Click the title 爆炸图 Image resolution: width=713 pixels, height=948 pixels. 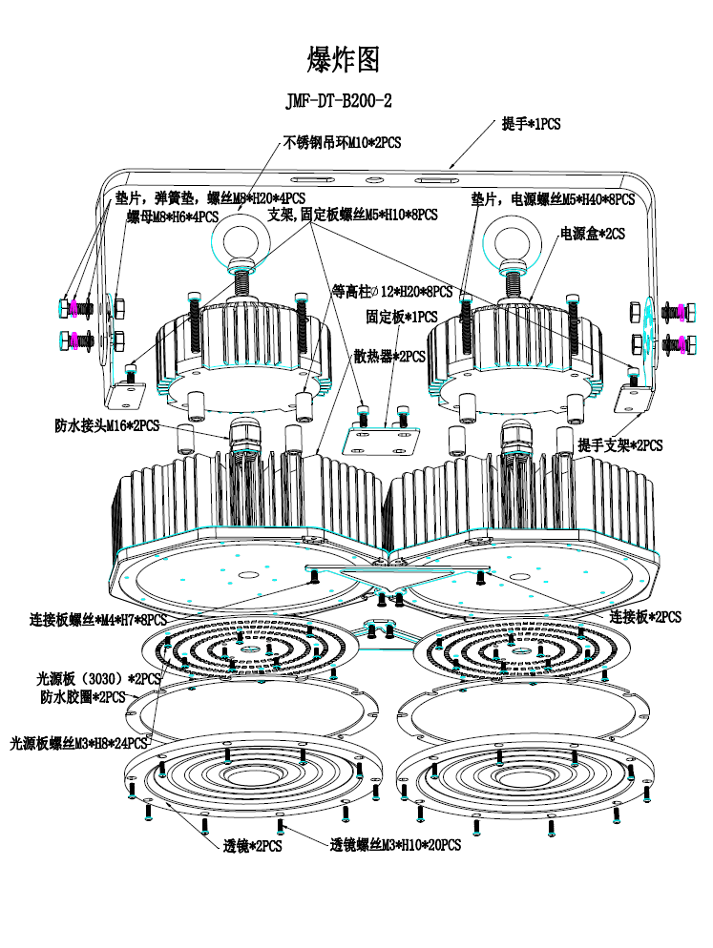[344, 60]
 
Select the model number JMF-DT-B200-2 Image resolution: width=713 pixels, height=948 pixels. [340, 101]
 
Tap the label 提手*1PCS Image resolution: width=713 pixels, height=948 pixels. [531, 125]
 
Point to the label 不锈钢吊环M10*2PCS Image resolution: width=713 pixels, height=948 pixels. [343, 143]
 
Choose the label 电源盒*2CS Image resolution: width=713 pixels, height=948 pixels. [591, 233]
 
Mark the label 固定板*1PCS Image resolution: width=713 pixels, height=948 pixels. [401, 316]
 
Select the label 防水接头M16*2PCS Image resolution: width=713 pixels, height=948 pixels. [107, 425]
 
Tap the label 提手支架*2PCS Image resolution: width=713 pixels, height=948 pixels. [619, 445]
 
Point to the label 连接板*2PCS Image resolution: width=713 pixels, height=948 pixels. [645, 617]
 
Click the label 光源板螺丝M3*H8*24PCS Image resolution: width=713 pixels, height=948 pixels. [78, 742]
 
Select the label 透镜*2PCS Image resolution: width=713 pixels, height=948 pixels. [252, 845]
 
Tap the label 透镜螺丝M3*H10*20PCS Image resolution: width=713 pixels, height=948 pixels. [395, 845]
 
